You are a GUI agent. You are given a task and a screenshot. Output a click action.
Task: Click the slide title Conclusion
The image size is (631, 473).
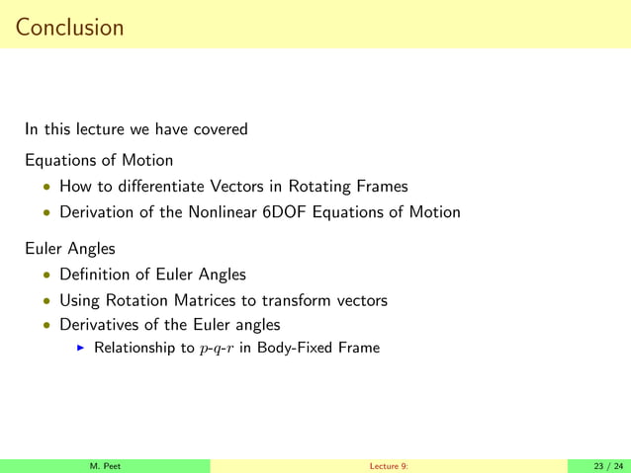[x=69, y=27]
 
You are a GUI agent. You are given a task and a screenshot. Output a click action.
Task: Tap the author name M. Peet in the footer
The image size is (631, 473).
[x=106, y=466]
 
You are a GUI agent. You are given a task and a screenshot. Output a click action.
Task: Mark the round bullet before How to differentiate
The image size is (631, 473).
[x=45, y=186]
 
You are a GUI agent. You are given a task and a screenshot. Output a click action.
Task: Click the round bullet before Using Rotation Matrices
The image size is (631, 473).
[x=45, y=300]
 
